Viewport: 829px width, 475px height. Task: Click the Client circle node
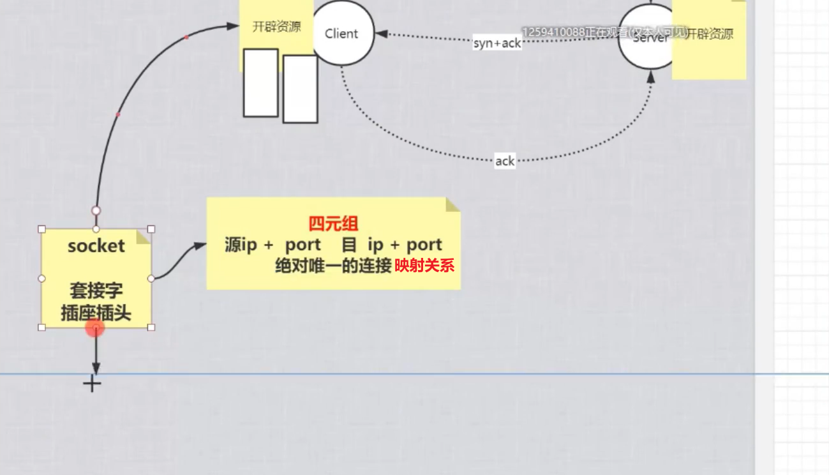[x=341, y=33]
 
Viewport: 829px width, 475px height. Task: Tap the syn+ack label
[x=497, y=43]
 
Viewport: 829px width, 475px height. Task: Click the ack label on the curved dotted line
[x=505, y=162]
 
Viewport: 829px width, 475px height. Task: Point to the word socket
[x=96, y=246]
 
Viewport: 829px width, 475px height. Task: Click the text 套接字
[x=96, y=292]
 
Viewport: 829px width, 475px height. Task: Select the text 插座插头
[x=96, y=313]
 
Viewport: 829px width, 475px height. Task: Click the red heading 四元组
[x=333, y=223]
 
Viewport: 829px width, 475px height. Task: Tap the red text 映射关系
[x=424, y=266]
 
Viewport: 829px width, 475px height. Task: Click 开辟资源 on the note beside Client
[x=276, y=27]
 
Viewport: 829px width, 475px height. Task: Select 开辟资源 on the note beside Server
[x=710, y=34]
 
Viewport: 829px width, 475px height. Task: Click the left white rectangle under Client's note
[x=261, y=83]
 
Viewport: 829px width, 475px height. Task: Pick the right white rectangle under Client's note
[x=300, y=89]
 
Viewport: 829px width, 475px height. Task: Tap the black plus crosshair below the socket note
[x=93, y=384]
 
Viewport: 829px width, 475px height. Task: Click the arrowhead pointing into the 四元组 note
[x=201, y=245]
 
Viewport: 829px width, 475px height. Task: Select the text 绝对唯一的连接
[x=333, y=266]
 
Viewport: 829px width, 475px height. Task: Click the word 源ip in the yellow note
[x=241, y=245]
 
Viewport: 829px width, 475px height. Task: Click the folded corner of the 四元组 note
[x=452, y=204]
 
